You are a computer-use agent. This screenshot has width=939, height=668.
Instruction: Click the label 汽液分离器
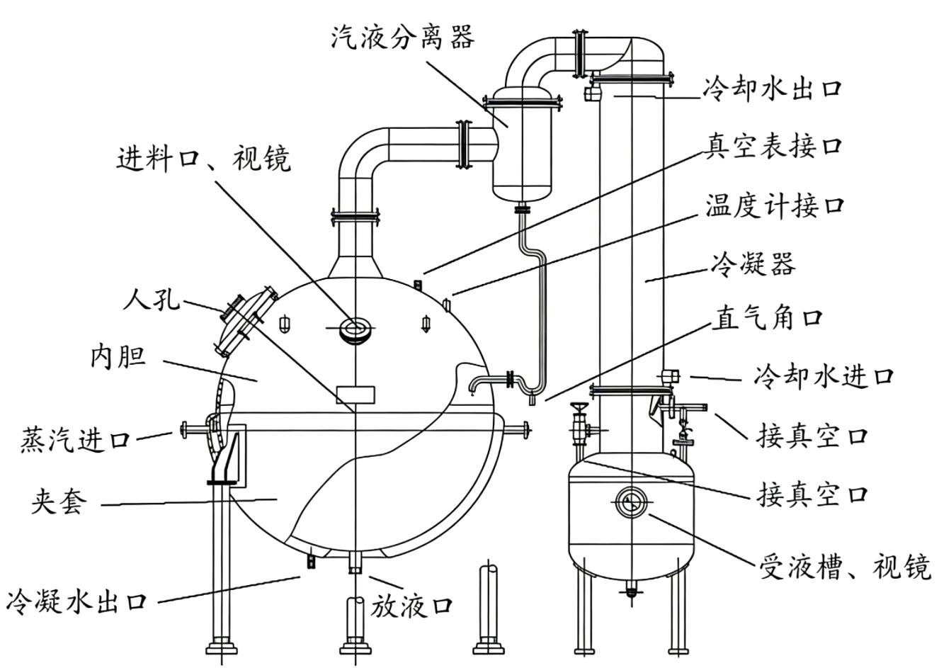[402, 36]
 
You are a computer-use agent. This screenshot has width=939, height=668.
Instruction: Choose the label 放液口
[412, 606]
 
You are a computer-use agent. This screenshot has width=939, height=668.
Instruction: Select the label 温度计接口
[773, 206]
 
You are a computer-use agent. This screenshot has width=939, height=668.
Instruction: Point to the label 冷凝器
[752, 264]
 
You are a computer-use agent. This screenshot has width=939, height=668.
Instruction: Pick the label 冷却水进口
[824, 375]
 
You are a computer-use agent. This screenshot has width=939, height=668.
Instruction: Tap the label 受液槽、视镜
[844, 567]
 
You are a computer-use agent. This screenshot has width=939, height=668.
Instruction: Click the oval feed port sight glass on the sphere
[354, 328]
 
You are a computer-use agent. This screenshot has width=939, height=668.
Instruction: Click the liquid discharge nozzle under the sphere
[355, 564]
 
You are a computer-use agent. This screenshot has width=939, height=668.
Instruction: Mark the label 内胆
[118, 356]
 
